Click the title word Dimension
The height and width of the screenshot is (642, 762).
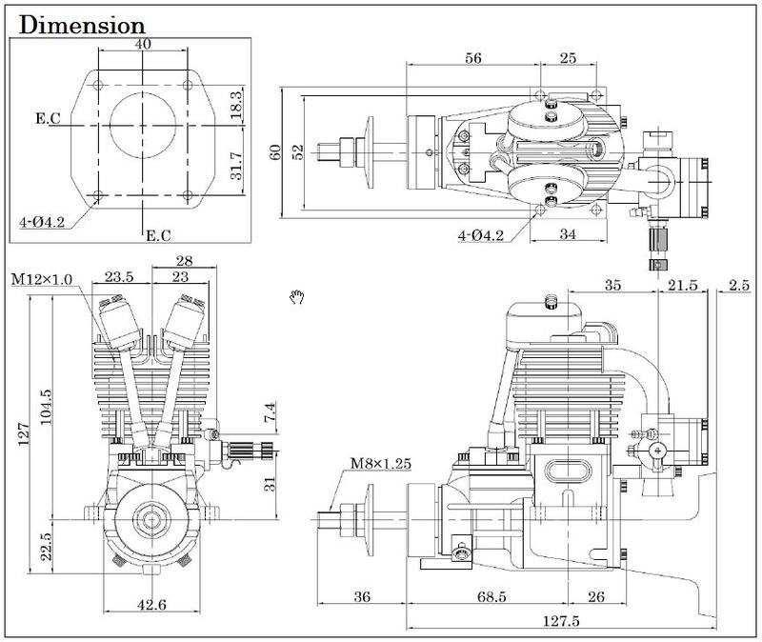(x=82, y=26)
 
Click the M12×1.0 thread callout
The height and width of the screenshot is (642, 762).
(x=42, y=279)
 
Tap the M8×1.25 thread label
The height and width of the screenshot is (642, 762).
(x=381, y=463)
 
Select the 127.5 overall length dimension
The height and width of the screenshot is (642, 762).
(x=561, y=621)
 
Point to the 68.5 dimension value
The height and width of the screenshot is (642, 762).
(x=491, y=596)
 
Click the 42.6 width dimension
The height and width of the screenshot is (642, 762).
(x=151, y=605)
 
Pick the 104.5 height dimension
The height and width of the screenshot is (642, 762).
(x=46, y=407)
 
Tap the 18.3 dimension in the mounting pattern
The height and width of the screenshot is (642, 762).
(x=235, y=105)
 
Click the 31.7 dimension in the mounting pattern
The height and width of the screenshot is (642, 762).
(x=235, y=165)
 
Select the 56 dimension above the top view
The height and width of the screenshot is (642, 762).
(x=473, y=58)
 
